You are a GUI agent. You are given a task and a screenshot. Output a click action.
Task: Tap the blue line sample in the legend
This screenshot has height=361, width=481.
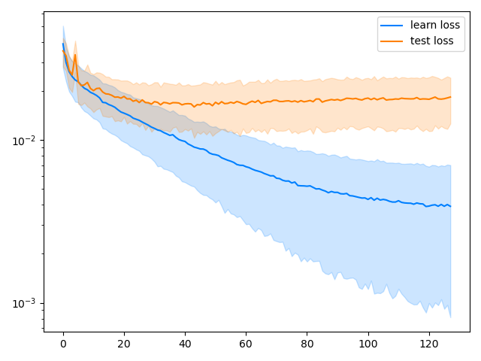(392, 25)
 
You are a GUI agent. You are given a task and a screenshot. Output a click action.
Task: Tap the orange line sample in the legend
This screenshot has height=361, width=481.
(392, 41)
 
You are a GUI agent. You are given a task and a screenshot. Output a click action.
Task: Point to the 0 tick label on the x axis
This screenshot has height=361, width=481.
(63, 344)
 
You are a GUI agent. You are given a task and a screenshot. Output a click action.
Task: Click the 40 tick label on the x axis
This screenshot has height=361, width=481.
(185, 344)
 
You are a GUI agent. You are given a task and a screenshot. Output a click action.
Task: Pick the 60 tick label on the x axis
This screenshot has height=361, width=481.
(246, 344)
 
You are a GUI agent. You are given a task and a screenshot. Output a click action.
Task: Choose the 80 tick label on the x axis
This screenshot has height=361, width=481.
(307, 344)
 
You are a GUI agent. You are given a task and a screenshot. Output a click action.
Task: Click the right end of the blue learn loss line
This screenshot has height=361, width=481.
(450, 206)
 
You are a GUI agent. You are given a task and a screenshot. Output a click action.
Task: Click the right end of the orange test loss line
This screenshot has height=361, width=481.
(450, 97)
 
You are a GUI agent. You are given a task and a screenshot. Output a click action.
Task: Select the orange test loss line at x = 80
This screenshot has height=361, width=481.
(307, 101)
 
